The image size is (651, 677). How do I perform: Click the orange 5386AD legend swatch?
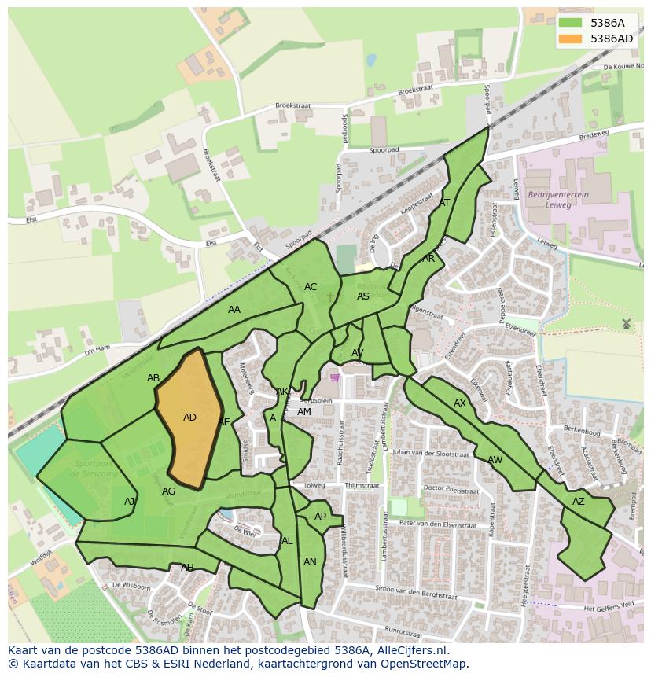[x=572, y=39]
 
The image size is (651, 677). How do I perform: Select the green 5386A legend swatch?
[x=572, y=23]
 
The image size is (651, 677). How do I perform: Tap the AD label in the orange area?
[x=189, y=418]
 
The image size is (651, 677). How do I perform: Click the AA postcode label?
[x=234, y=310]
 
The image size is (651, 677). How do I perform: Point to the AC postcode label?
[x=311, y=287]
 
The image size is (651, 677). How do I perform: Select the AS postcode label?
[x=363, y=296]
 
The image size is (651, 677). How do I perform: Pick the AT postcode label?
[x=444, y=203]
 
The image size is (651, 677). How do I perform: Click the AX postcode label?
[x=460, y=403]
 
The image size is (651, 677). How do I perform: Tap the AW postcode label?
[x=495, y=460]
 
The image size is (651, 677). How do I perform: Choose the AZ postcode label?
[x=579, y=502]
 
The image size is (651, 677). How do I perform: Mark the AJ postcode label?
[x=130, y=502]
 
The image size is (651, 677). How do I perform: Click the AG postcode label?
[x=168, y=491]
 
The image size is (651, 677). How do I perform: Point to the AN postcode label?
[x=310, y=562]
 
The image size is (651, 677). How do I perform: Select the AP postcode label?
[x=320, y=517]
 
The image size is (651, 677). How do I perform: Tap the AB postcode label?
[x=153, y=378]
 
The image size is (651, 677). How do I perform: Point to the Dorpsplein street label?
[x=337, y=400]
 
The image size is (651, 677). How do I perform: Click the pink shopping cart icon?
[x=335, y=377]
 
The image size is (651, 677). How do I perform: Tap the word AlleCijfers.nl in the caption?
[x=410, y=650]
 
